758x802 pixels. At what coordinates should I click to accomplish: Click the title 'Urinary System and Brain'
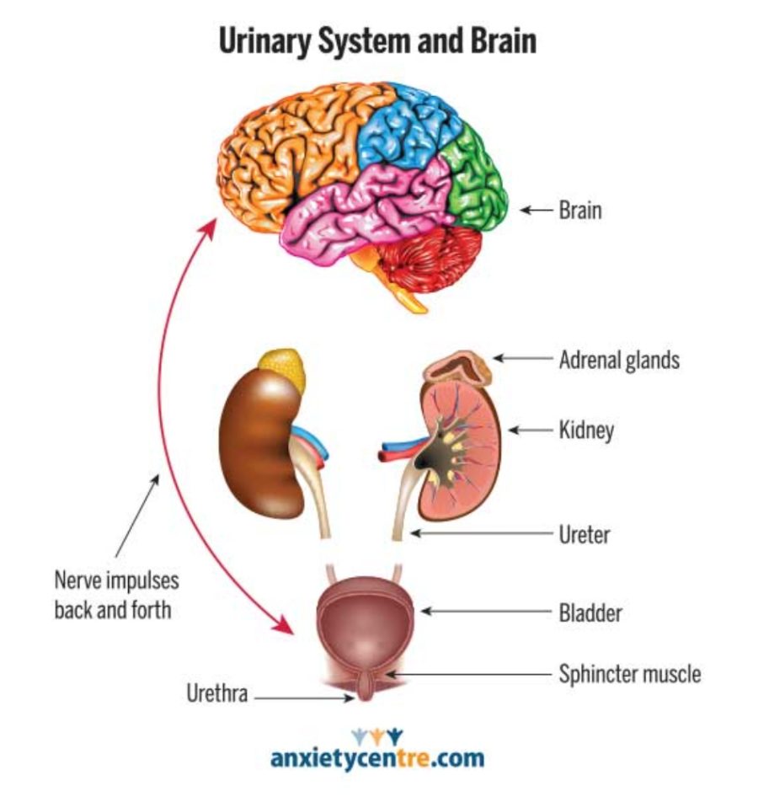(x=377, y=40)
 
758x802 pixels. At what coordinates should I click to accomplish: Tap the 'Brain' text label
(x=580, y=210)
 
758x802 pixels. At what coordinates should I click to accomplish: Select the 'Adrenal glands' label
(x=619, y=361)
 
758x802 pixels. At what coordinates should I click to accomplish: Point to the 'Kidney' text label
(x=586, y=431)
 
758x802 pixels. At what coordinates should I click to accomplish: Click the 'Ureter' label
(x=584, y=534)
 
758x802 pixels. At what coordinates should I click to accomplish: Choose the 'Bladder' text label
(x=590, y=612)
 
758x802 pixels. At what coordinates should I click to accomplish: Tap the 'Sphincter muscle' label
(x=629, y=674)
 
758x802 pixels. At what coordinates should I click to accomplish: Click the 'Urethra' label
(x=216, y=696)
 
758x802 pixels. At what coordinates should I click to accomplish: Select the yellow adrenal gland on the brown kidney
(x=282, y=367)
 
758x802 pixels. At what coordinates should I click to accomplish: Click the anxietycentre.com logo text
(x=377, y=757)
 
